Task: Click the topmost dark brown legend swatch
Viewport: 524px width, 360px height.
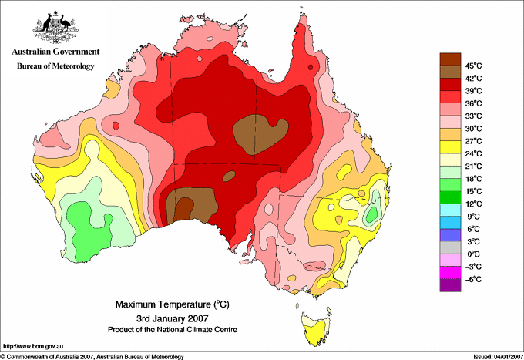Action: coord(450,58)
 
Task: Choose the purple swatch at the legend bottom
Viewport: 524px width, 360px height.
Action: coord(450,284)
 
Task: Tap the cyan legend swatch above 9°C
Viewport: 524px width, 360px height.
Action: coord(450,210)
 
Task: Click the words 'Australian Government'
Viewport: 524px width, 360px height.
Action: coord(55,52)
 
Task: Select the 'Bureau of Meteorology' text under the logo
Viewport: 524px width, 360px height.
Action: coord(55,66)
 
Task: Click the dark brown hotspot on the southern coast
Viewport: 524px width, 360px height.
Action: coord(185,207)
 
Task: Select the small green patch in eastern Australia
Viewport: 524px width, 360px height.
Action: coord(372,213)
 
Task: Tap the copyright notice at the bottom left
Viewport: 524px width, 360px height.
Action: coord(92,355)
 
